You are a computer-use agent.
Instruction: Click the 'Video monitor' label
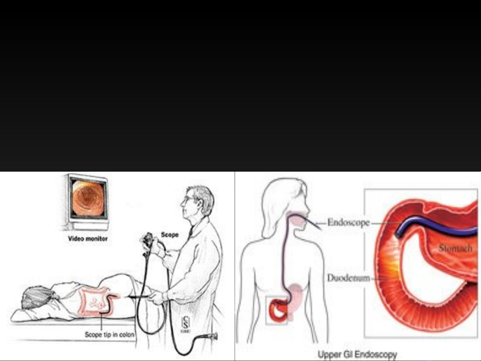click(88, 239)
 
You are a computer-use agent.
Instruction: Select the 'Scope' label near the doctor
click(170, 235)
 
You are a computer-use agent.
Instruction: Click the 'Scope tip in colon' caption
click(109, 334)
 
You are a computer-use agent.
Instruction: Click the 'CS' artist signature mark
click(185, 324)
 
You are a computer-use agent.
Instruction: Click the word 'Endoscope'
click(348, 222)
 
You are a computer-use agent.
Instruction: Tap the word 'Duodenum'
click(348, 278)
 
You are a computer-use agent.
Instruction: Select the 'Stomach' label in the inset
click(455, 248)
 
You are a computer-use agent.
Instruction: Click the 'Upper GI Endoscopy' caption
click(357, 354)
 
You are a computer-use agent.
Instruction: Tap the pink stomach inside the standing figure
click(296, 297)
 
